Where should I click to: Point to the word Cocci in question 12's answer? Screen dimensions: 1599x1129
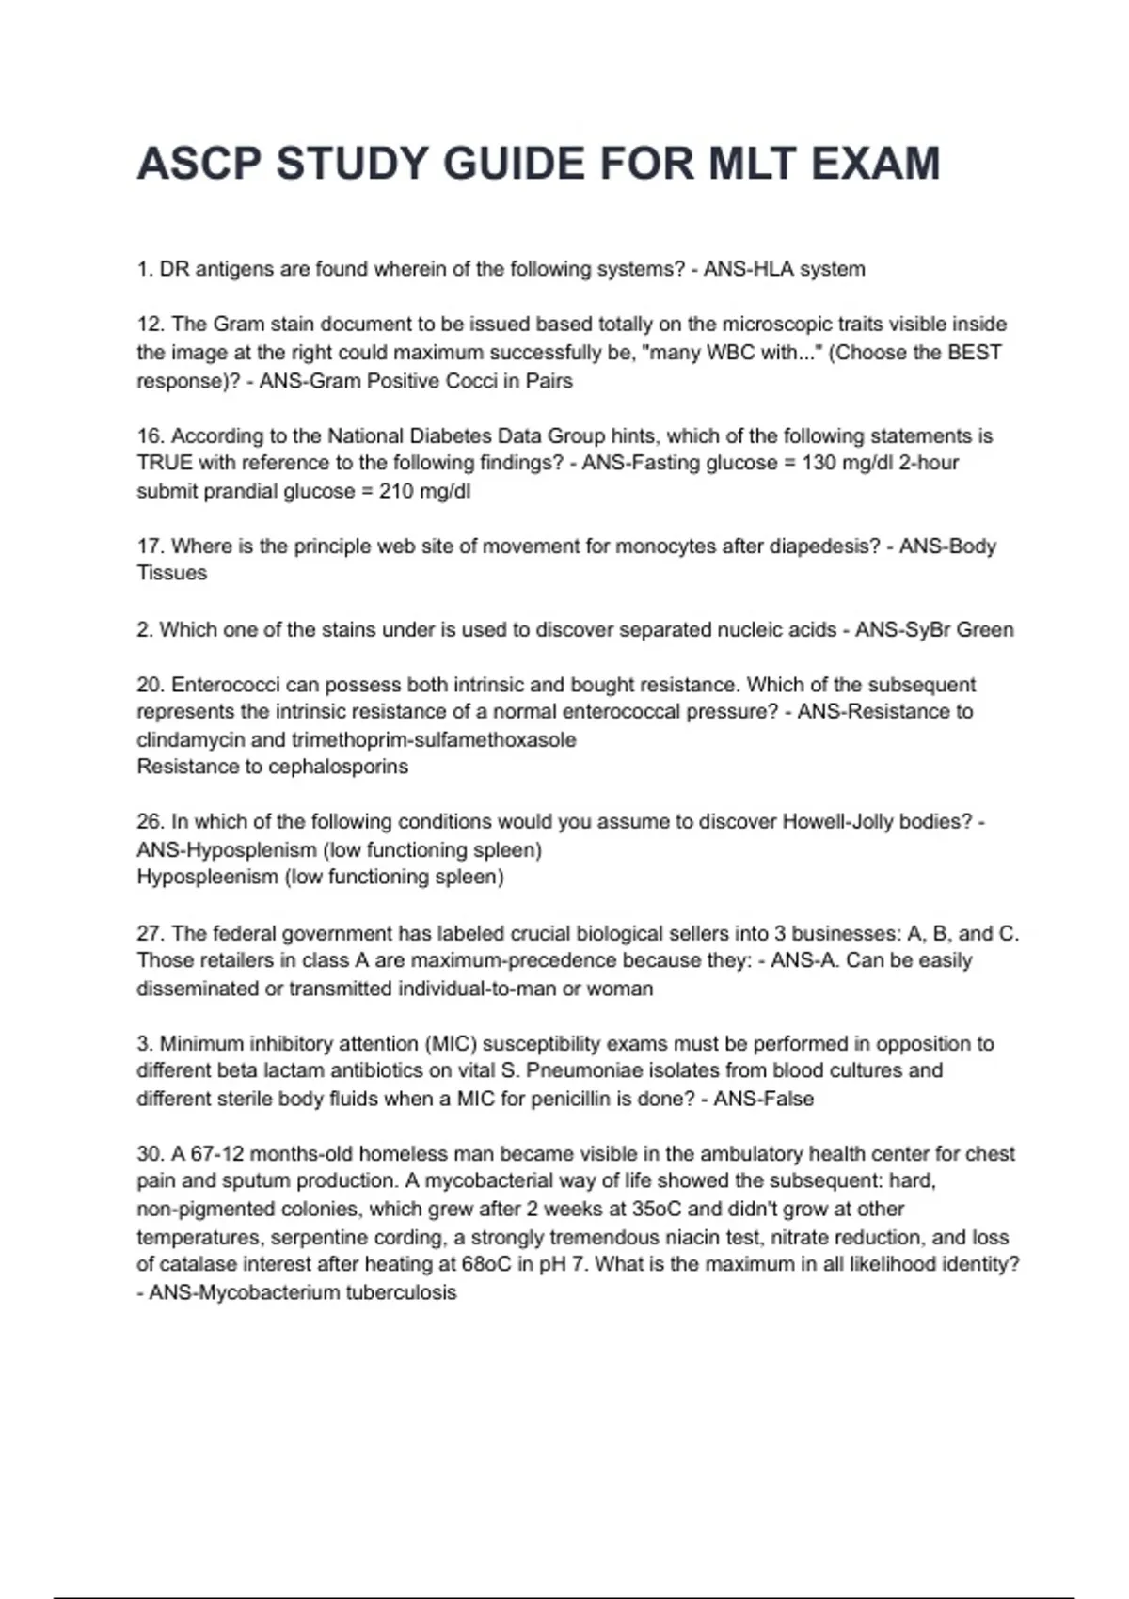pyautogui.click(x=469, y=381)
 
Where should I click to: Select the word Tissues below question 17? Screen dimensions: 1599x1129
pyautogui.click(x=171, y=573)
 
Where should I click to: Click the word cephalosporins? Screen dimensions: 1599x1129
pyautogui.click(x=339, y=767)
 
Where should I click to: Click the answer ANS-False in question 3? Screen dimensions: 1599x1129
pyautogui.click(x=763, y=1099)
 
